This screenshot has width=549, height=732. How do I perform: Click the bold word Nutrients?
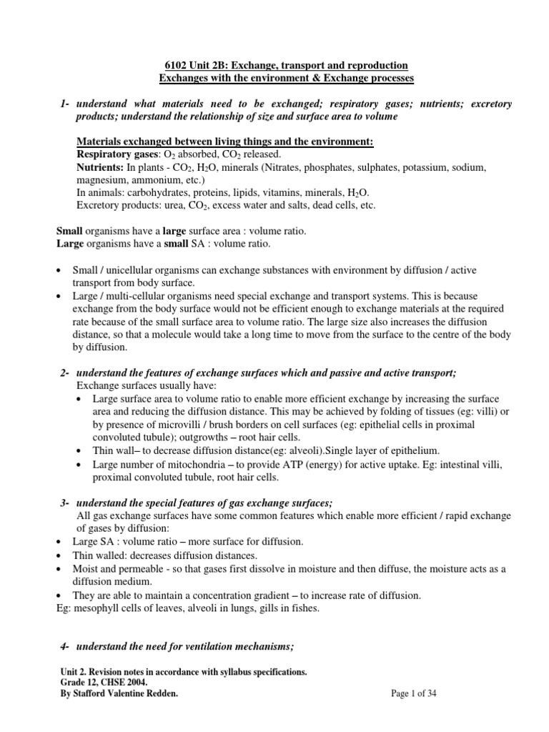[x=102, y=167]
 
